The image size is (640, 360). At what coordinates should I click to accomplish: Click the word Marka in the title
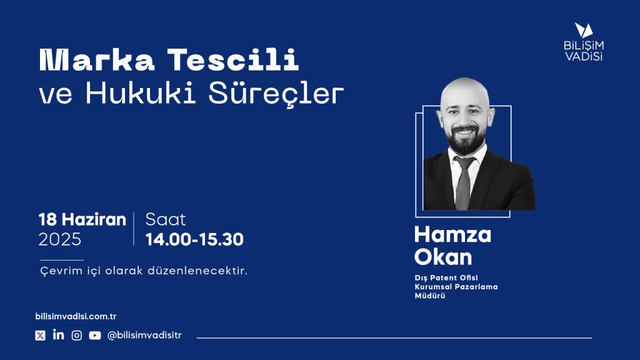click(x=97, y=60)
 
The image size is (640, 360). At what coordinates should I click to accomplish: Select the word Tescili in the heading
click(x=233, y=60)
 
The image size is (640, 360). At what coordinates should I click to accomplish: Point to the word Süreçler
click(x=276, y=94)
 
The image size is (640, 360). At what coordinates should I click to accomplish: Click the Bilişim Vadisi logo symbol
click(x=584, y=30)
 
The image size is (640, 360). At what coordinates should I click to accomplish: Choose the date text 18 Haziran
click(x=82, y=219)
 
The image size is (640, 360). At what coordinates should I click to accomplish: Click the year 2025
click(x=60, y=239)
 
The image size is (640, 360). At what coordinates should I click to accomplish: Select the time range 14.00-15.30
click(x=194, y=239)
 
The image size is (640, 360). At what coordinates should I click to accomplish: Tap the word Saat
click(x=165, y=219)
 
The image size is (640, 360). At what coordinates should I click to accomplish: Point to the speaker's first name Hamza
click(x=452, y=235)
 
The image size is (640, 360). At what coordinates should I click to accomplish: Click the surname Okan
click(x=443, y=257)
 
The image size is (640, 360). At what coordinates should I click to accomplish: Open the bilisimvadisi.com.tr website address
click(x=76, y=316)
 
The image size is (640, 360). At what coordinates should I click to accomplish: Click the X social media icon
click(x=40, y=336)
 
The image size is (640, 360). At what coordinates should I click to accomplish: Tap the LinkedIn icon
click(x=58, y=335)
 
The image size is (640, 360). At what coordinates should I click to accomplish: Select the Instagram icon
click(x=77, y=336)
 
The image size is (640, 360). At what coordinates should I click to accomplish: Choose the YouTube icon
click(x=95, y=336)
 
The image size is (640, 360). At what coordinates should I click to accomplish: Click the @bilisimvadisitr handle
click(x=144, y=335)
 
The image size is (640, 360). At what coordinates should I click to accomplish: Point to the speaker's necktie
click(x=464, y=184)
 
